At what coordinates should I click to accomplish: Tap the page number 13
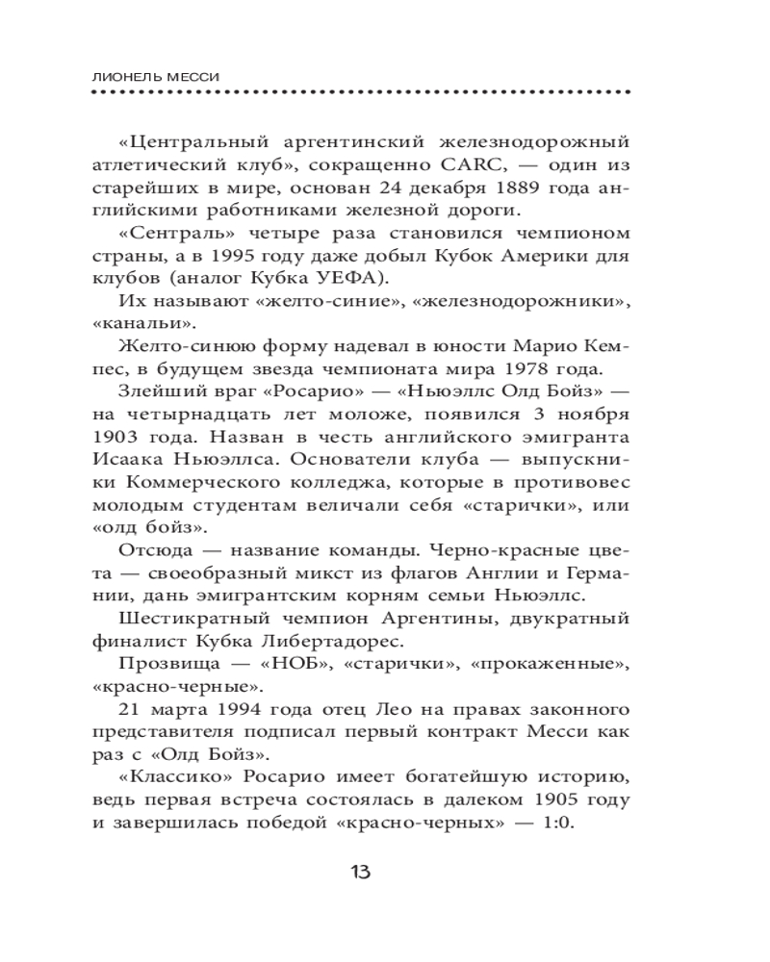360,873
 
